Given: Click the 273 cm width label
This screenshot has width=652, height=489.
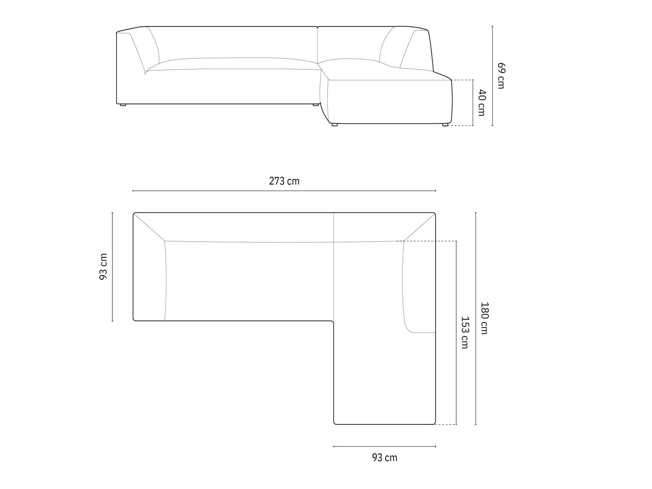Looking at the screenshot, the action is pos(284,181).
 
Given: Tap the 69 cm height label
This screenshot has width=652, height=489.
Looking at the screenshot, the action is pos(501,76).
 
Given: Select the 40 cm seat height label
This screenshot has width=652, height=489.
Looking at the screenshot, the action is pos(482,103).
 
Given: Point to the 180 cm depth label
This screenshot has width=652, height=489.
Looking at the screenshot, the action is pos(484,318).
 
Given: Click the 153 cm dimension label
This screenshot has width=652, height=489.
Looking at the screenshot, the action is pos(465,332).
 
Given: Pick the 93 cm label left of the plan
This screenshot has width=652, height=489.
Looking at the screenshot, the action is pos(103,266).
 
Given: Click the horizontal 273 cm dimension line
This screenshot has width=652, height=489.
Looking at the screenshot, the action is pos(284,191).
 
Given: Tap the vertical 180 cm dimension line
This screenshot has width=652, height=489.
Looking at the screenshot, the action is pos(476,319).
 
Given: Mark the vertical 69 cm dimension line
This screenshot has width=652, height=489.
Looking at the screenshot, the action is pos(492,76).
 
